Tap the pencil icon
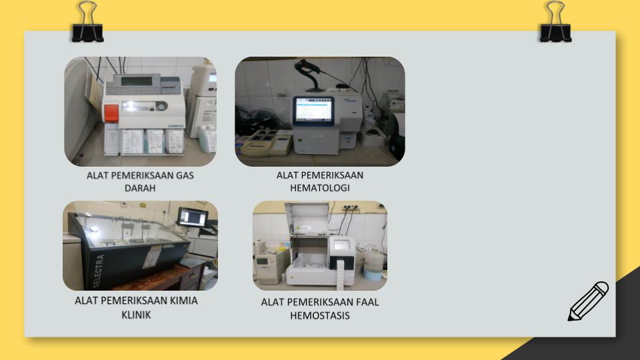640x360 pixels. pyautogui.click(x=588, y=301)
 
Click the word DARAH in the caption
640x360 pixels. pyautogui.click(x=140, y=188)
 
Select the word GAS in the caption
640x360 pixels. pyautogui.click(x=185, y=175)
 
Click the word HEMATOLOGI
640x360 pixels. pyautogui.click(x=320, y=188)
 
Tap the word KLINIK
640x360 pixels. pyautogui.click(x=136, y=315)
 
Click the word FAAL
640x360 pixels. pyautogui.click(x=367, y=302)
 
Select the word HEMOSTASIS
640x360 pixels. pyautogui.click(x=320, y=315)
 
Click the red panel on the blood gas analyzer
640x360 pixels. pyautogui.click(x=111, y=113)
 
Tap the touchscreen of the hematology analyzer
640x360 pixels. pyautogui.click(x=313, y=110)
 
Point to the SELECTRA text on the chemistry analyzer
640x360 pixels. pyautogui.click(x=98, y=270)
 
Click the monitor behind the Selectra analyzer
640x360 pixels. pyautogui.click(x=193, y=217)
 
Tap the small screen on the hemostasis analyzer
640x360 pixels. pyautogui.click(x=341, y=245)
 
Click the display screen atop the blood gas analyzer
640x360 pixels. pyautogui.click(x=136, y=81)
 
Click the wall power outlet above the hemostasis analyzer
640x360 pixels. pyautogui.click(x=350, y=207)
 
